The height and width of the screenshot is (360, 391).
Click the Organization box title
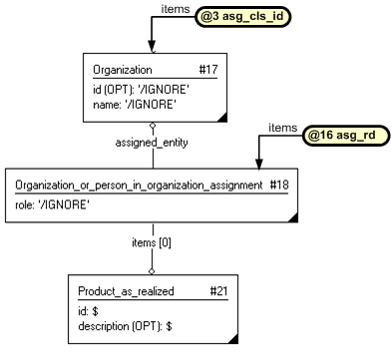click(123, 71)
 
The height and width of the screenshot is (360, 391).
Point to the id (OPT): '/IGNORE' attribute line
click(141, 90)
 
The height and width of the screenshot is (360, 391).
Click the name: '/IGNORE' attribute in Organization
click(134, 103)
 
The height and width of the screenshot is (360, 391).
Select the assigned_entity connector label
click(152, 142)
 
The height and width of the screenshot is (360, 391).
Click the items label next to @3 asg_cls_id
click(176, 9)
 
